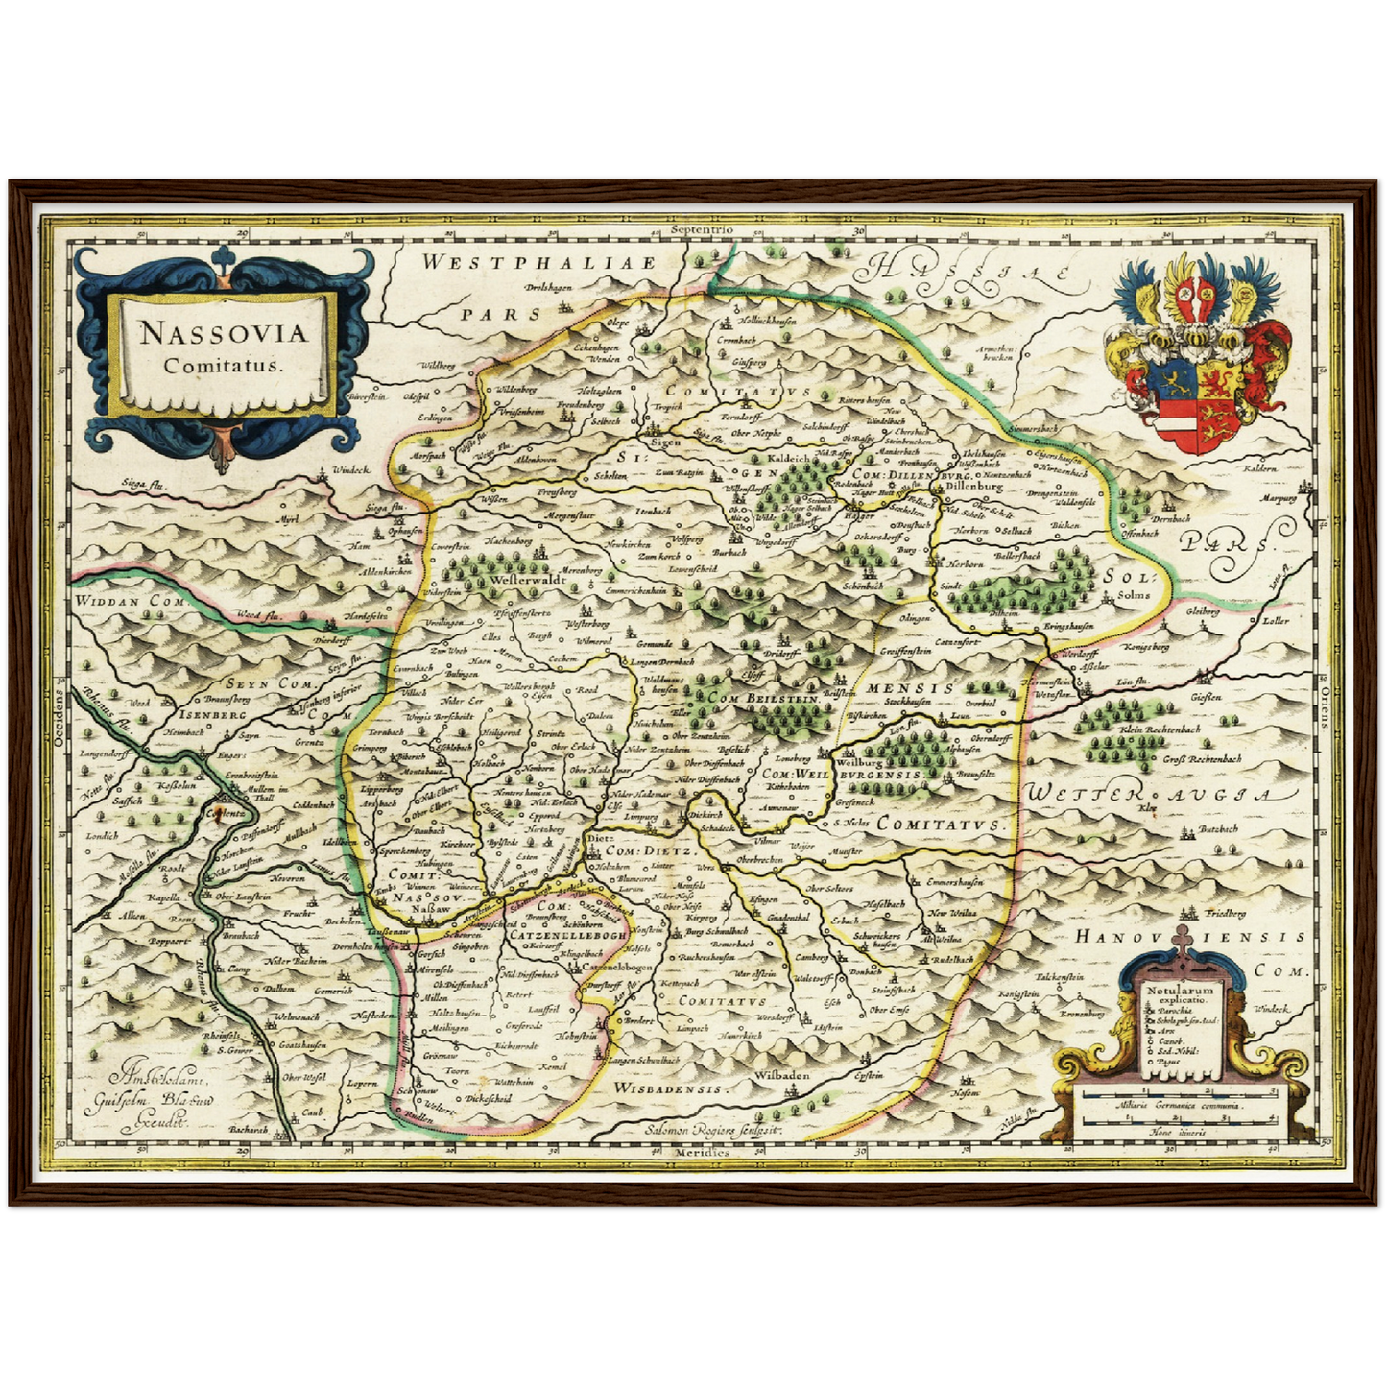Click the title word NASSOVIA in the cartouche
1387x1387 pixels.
coord(223,333)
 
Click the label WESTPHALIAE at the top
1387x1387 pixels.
coord(539,262)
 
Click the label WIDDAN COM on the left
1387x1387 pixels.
coord(114,600)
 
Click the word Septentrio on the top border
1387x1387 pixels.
coord(702,230)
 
